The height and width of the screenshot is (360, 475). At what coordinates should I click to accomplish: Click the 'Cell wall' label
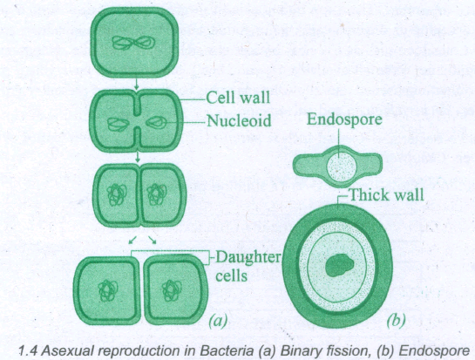tap(238, 98)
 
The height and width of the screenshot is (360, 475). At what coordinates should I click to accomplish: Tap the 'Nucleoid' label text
tap(239, 121)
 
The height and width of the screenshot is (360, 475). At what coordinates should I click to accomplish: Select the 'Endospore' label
tap(344, 119)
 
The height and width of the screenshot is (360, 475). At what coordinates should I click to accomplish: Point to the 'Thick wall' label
tap(387, 194)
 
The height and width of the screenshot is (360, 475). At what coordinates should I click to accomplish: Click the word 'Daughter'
tap(248, 258)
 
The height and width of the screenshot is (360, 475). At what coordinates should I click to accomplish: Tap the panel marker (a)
tap(218, 320)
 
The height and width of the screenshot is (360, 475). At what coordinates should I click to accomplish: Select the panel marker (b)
tap(396, 320)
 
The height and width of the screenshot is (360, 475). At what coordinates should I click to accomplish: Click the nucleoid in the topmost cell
tap(133, 43)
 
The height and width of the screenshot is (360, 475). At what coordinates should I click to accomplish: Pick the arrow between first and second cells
tap(137, 84)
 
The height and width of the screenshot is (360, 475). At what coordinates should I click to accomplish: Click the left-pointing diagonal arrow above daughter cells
tap(132, 240)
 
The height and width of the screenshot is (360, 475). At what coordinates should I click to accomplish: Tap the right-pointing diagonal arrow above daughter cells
tap(152, 240)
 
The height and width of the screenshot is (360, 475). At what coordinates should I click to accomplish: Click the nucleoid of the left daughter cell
tap(107, 291)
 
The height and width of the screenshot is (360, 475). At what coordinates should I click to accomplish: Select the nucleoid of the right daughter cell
tap(172, 291)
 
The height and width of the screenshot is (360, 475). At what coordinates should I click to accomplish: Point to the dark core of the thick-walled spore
tap(339, 266)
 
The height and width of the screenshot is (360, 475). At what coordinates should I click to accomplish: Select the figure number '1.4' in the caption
tap(28, 351)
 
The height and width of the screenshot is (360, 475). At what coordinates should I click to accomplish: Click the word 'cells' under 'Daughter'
tap(231, 275)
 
